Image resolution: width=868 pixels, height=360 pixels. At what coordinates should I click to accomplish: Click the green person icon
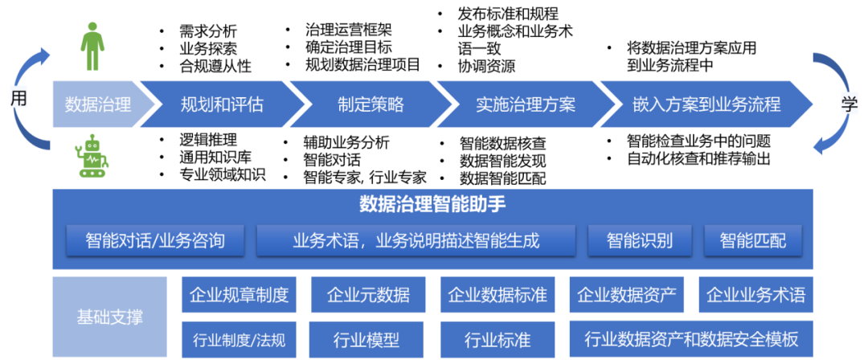[x=92, y=47]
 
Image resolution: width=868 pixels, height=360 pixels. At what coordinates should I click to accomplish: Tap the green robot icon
[x=92, y=156]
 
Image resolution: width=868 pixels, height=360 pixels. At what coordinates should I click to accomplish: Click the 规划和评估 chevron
[x=222, y=104]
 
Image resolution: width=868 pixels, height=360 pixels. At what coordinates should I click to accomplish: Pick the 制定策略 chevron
[x=371, y=104]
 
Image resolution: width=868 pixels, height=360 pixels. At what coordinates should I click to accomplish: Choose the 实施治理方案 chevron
[x=526, y=104]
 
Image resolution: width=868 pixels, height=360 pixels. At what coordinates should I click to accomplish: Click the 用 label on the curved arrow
[x=18, y=98]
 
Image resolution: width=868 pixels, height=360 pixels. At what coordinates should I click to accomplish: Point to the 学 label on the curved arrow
[x=850, y=104]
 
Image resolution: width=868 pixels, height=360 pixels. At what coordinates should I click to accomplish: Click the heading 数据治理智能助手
[x=432, y=204]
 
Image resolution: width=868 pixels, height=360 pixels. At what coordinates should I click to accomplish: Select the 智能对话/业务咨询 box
[x=155, y=239]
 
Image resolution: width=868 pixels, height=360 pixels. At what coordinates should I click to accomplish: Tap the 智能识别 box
[x=640, y=239]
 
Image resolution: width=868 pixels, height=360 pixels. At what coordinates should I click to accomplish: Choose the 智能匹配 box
[x=753, y=239]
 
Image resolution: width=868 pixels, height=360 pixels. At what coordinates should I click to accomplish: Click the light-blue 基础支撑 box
[x=110, y=317]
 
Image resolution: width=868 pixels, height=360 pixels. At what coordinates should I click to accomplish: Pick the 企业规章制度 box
[x=239, y=295]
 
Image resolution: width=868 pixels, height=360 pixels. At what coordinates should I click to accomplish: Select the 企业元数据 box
[x=368, y=295]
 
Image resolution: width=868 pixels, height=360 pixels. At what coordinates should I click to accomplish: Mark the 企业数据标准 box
[x=497, y=295]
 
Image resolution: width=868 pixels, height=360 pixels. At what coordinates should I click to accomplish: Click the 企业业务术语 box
[x=755, y=295]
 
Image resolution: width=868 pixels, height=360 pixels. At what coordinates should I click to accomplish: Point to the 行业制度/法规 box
[x=239, y=339]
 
